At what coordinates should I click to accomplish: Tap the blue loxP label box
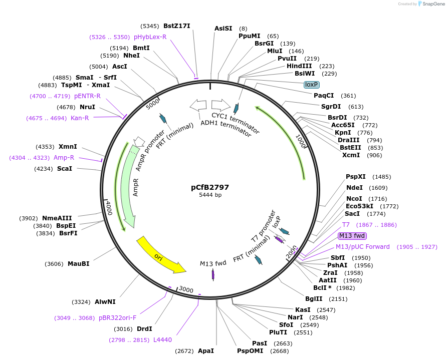(312, 85)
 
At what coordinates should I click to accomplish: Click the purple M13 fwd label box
(352, 236)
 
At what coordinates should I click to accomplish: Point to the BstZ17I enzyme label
(177, 26)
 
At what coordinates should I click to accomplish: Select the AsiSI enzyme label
(223, 28)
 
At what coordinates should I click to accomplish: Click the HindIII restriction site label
(299, 66)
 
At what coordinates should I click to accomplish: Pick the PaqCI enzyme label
(324, 95)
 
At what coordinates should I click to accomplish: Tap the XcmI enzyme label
(351, 155)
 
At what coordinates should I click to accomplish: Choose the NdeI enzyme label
(354, 187)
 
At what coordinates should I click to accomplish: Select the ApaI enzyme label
(206, 350)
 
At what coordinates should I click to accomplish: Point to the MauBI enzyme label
(79, 263)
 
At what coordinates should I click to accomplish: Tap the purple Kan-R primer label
(80, 118)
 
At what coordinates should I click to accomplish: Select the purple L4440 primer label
(162, 339)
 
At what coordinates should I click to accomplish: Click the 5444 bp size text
(210, 195)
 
